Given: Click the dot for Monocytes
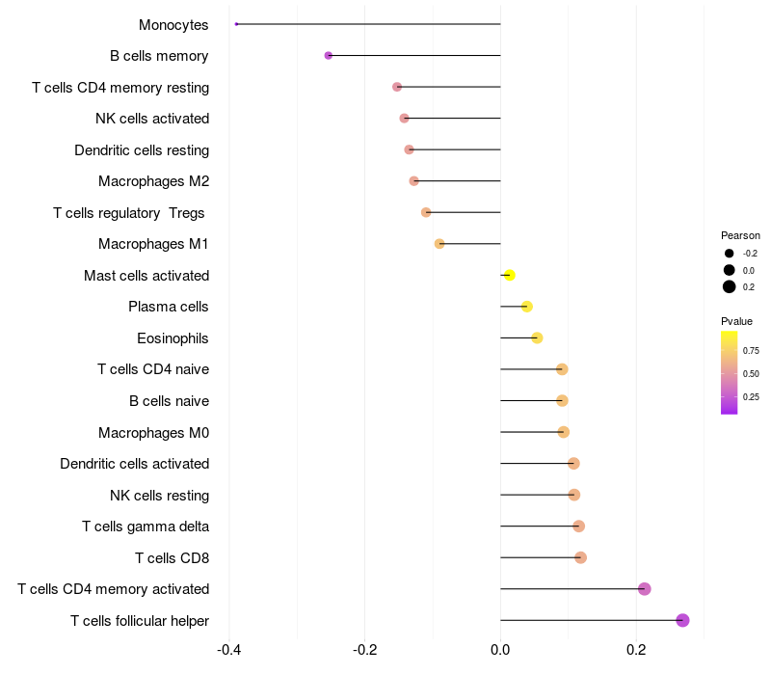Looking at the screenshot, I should click(x=236, y=24).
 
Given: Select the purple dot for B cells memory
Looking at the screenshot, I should click(x=329, y=56).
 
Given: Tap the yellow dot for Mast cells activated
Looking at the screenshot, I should click(x=510, y=276).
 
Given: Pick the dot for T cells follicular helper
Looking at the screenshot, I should click(x=682, y=620).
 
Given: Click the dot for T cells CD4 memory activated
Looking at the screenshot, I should click(x=645, y=589).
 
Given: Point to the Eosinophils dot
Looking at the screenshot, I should click(x=537, y=337).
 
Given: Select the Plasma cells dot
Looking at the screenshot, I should click(x=526, y=307).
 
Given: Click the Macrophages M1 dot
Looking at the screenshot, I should click(x=439, y=244).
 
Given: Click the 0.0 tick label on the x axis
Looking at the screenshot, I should click(x=500, y=649).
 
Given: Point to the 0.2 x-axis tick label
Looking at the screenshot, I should click(x=636, y=649).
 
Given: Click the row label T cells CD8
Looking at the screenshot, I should click(x=172, y=557).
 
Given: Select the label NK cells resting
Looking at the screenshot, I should click(x=159, y=496).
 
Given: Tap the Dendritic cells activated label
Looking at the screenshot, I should click(x=134, y=464).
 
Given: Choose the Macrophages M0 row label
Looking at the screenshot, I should click(x=153, y=432).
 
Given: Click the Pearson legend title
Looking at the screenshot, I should click(x=740, y=235).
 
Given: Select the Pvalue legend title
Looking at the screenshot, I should click(x=736, y=321).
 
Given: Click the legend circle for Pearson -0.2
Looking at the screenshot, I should click(x=730, y=254).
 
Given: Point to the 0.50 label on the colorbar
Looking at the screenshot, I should click(x=751, y=373).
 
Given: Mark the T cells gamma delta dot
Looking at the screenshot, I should click(x=578, y=526).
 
